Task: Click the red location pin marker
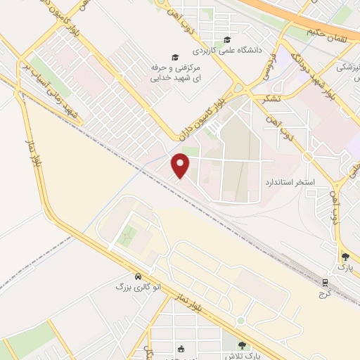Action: tap(181, 165)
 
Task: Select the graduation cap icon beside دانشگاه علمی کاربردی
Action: tap(226, 39)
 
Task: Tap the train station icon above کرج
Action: tap(325, 283)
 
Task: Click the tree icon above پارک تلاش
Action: tap(243, 345)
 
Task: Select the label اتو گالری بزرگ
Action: tap(139, 287)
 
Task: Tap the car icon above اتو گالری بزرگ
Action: tap(139, 276)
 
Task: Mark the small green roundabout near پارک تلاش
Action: tap(240, 321)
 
